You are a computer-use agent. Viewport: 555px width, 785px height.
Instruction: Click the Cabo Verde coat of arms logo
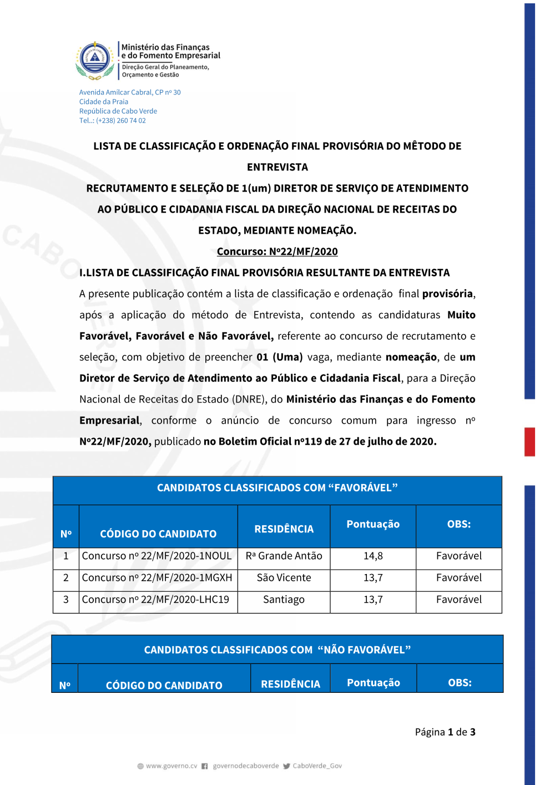click(95, 60)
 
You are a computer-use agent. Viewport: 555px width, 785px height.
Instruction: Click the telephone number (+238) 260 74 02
click(120, 120)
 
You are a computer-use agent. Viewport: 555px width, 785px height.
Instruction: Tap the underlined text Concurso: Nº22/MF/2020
click(277, 251)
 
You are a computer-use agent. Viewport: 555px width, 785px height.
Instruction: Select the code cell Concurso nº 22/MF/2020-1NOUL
click(157, 556)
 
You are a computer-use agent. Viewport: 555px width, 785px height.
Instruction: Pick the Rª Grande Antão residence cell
click(284, 556)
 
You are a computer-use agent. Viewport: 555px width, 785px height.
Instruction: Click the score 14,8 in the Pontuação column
click(373, 556)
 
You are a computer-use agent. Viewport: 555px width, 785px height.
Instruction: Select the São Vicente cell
click(284, 577)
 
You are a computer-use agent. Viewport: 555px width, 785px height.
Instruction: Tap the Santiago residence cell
click(284, 600)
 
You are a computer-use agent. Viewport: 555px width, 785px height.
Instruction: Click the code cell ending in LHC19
click(155, 600)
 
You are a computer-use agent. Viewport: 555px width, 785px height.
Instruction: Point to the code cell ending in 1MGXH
click(157, 577)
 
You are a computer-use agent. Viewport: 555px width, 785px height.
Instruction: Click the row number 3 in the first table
click(66, 600)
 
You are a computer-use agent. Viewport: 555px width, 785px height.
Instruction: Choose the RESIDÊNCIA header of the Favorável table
click(284, 529)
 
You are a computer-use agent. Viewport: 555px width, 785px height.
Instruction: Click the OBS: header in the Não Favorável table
click(460, 683)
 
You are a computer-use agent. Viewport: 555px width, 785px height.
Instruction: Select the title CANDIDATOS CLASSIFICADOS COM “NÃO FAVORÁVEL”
click(277, 650)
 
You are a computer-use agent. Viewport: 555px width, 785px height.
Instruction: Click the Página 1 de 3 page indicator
click(445, 732)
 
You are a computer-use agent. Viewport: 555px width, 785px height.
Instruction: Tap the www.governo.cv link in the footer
click(171, 766)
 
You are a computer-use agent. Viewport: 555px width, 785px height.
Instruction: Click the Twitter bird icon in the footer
click(286, 766)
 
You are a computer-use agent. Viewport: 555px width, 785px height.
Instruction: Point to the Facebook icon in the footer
click(205, 766)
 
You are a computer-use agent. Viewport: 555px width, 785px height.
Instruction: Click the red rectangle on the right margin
click(530, 442)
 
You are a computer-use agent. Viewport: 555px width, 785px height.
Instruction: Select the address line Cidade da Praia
click(104, 102)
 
